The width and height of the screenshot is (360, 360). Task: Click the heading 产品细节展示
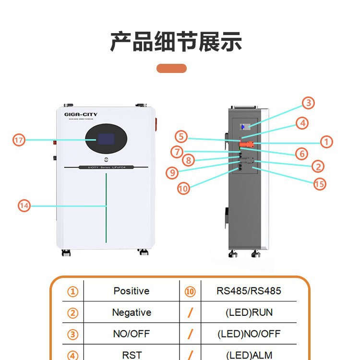[176, 42]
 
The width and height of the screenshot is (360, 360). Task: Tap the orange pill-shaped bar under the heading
[171, 68]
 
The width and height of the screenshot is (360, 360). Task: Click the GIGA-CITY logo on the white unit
[81, 114]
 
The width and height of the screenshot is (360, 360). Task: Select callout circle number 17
[19, 140]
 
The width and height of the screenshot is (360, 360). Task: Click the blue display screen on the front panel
[106, 140]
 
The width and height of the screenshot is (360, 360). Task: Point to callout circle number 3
[308, 103]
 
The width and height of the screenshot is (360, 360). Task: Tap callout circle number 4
[301, 123]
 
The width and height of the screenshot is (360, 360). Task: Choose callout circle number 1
[326, 142]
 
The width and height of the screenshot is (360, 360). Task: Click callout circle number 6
[301, 154]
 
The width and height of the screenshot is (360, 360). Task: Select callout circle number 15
[320, 183]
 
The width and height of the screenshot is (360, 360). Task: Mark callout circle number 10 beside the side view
[183, 189]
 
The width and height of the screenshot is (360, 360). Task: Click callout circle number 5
[181, 136]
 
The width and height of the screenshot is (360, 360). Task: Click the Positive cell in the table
[131, 291]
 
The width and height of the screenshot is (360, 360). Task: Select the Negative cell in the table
[131, 312]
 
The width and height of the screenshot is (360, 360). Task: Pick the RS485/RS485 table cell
[249, 291]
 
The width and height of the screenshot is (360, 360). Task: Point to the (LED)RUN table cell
[249, 312]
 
